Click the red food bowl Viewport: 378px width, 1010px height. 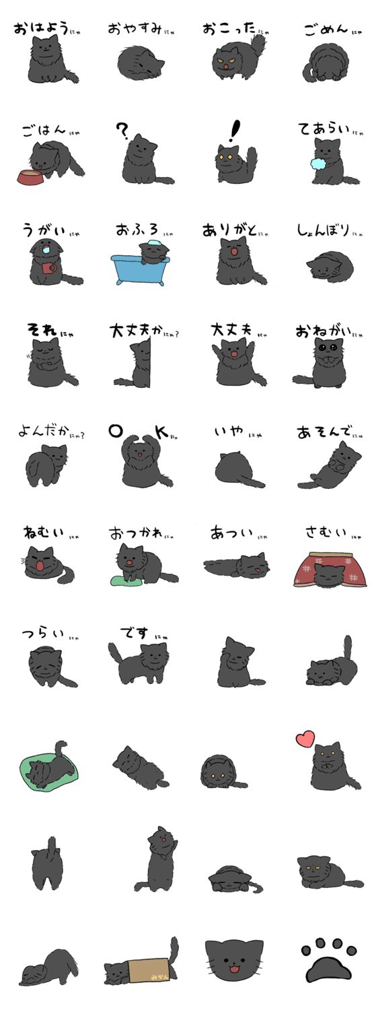point(30,178)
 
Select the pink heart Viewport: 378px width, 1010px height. point(305,739)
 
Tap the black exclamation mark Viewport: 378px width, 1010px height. point(234,129)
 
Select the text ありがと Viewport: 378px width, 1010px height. point(231,230)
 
